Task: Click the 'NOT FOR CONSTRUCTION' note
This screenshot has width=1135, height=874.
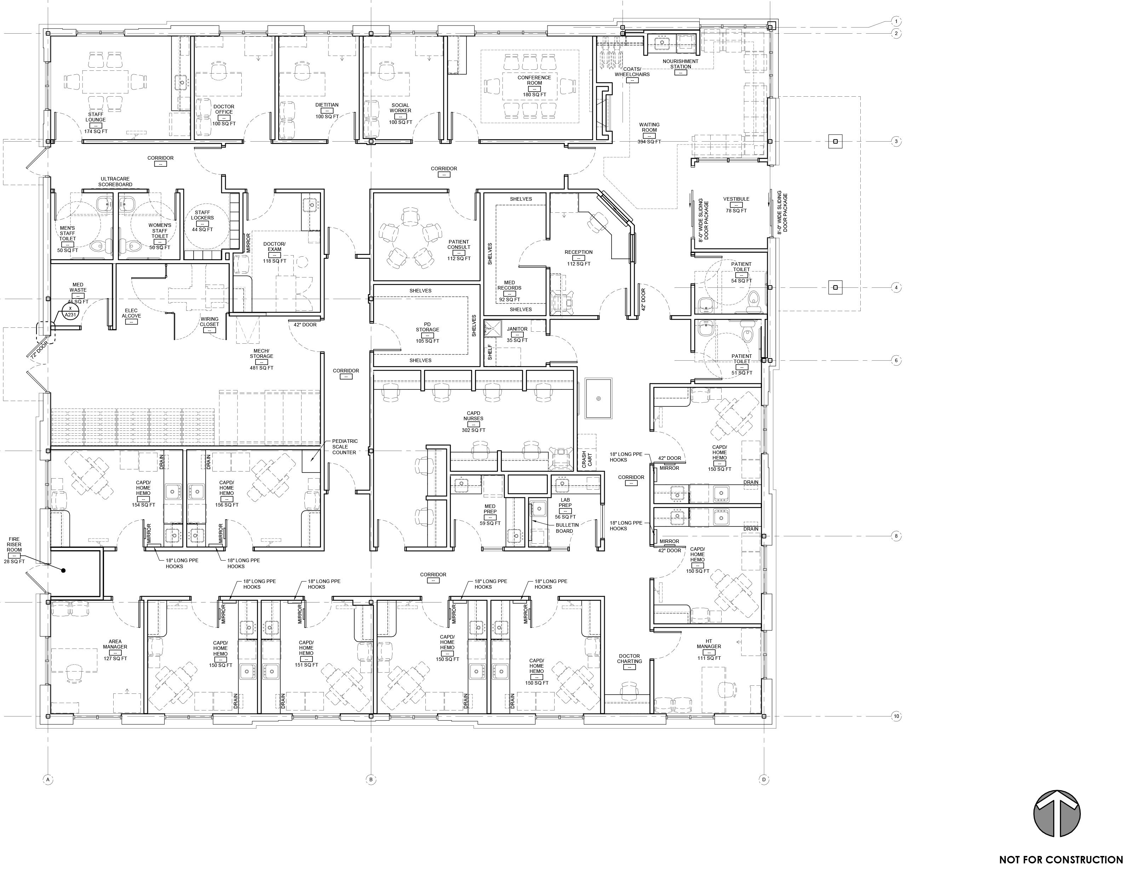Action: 1061,860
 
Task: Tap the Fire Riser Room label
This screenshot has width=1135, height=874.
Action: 14,544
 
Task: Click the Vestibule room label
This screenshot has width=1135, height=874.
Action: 736,199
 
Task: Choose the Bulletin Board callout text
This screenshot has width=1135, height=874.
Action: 564,528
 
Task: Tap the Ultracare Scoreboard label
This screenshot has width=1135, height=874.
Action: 115,182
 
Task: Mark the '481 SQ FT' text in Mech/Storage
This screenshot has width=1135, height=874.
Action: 262,367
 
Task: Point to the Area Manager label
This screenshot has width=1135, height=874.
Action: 115,644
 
